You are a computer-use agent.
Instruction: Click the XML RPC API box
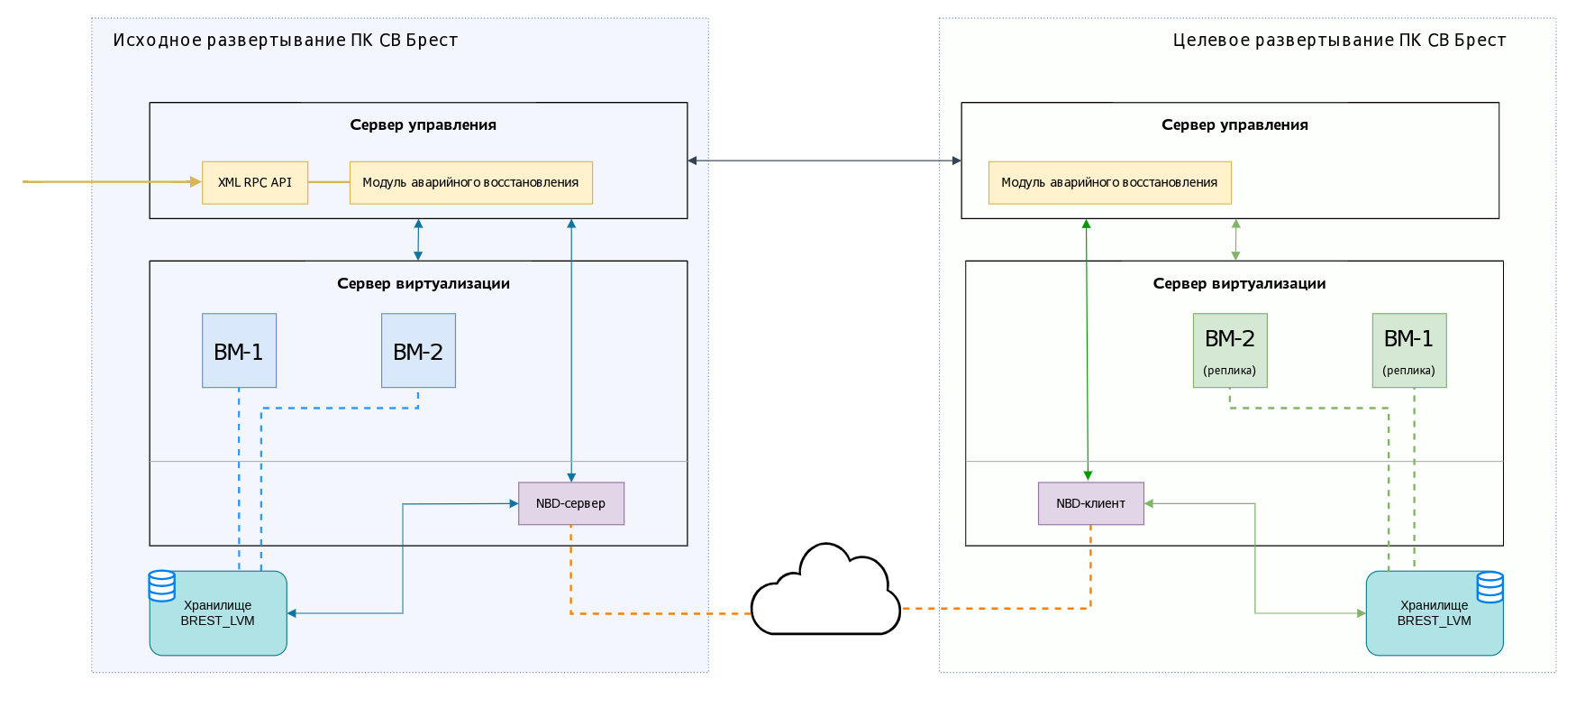(x=255, y=182)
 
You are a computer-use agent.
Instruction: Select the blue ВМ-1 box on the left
(x=239, y=351)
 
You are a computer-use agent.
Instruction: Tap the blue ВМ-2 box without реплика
(x=418, y=351)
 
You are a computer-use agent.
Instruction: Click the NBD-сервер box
(x=571, y=503)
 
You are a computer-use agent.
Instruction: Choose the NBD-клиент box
(x=1091, y=503)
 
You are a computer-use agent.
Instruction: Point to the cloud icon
(x=825, y=590)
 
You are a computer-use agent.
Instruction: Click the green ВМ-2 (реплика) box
(x=1230, y=351)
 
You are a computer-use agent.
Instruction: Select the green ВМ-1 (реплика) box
(x=1409, y=351)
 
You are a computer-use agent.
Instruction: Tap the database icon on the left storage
(x=162, y=585)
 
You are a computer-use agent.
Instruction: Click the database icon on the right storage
(x=1490, y=586)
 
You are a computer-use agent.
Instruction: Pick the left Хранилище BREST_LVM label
(x=218, y=613)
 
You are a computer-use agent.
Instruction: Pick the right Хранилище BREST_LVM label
(x=1435, y=613)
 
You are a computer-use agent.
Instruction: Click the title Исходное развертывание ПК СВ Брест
(x=286, y=41)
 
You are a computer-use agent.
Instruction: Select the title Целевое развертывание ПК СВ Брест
(x=1340, y=41)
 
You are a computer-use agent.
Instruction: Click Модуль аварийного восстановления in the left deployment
(x=471, y=182)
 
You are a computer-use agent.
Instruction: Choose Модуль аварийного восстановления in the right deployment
(x=1110, y=182)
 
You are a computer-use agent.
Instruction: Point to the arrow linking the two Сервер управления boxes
(x=824, y=161)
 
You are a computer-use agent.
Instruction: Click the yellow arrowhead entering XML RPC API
(x=196, y=182)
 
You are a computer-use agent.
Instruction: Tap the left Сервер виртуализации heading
(x=424, y=283)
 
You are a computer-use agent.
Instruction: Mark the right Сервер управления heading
(x=1235, y=125)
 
